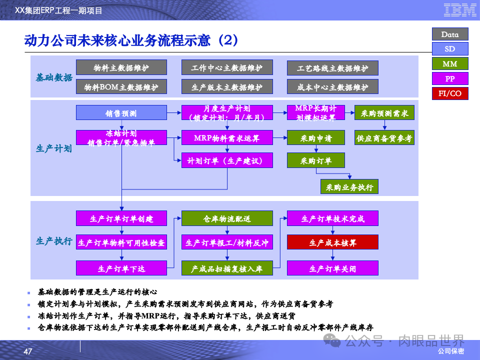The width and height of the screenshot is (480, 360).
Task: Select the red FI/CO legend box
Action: pyautogui.click(x=450, y=93)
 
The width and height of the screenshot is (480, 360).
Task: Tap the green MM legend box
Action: pyautogui.click(x=450, y=63)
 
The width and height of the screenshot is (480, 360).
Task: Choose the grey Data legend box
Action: pyautogui.click(x=450, y=34)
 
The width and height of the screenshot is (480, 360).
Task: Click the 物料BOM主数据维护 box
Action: pyautogui.click(x=121, y=87)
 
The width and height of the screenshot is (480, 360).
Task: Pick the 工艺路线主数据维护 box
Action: pyautogui.click(x=332, y=68)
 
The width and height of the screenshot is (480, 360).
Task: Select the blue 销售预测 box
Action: pyautogui.click(x=121, y=113)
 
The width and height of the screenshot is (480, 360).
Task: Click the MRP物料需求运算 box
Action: pyautogui.click(x=227, y=138)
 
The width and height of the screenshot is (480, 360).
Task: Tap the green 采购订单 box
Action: pyautogui.click(x=316, y=160)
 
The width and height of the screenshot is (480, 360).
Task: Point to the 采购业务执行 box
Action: pyautogui.click(x=349, y=187)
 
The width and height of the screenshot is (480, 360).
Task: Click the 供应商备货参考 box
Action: pyautogui.click(x=384, y=138)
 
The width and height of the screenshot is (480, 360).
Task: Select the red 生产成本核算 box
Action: pyautogui.click(x=332, y=242)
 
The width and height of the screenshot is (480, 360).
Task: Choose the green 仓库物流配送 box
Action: pyautogui.click(x=227, y=218)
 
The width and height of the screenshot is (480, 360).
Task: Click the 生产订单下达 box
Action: pyautogui.click(x=121, y=268)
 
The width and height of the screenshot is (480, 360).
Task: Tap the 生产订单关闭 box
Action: pyautogui.click(x=332, y=268)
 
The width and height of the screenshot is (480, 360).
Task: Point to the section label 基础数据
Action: pyautogui.click(x=54, y=77)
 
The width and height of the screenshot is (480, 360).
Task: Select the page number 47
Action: pyautogui.click(x=28, y=352)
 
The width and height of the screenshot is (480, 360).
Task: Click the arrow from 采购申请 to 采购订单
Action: pyautogui.click(x=316, y=149)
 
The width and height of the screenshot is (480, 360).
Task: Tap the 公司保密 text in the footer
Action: pyautogui.click(x=450, y=351)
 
